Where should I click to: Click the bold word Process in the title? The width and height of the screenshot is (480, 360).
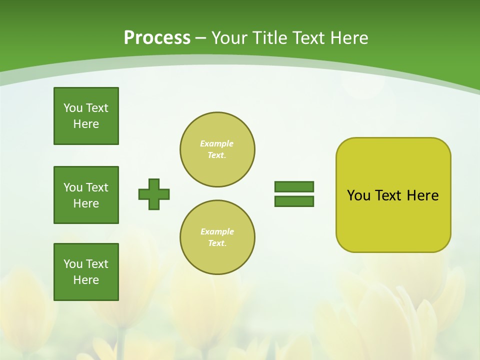[x=157, y=38]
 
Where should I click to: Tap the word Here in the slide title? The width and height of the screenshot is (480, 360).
[x=349, y=38]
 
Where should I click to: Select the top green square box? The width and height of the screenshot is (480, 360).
[x=86, y=116]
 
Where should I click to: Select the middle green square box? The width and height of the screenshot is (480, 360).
[x=86, y=195]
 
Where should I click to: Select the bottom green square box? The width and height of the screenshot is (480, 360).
[x=86, y=272]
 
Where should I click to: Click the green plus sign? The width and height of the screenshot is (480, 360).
[x=154, y=194]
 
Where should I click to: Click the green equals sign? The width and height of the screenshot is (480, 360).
[x=294, y=194]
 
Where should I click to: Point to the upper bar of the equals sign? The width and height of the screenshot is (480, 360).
[x=294, y=186]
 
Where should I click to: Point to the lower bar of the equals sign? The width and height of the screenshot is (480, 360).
[x=294, y=201]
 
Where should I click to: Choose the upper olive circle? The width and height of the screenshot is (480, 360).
[x=217, y=149]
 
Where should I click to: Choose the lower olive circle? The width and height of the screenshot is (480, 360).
[x=217, y=237]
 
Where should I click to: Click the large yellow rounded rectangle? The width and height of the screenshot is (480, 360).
[x=393, y=220]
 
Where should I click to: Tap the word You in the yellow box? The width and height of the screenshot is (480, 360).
[x=358, y=195]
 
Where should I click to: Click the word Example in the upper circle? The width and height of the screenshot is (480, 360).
[x=217, y=143]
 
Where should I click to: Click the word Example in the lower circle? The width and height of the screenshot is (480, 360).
[x=217, y=231]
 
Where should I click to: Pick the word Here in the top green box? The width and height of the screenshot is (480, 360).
[x=86, y=124]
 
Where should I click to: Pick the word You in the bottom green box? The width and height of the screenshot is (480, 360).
[x=73, y=264]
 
